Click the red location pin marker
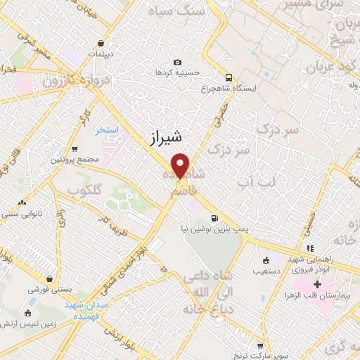point(181,166)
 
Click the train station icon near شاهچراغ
point(229,77)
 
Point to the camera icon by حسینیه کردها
point(177,62)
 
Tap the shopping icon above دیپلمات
point(102,43)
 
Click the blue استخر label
point(108,131)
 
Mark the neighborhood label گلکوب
point(85,191)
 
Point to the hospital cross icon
point(317,284)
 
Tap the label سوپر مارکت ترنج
point(261,356)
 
